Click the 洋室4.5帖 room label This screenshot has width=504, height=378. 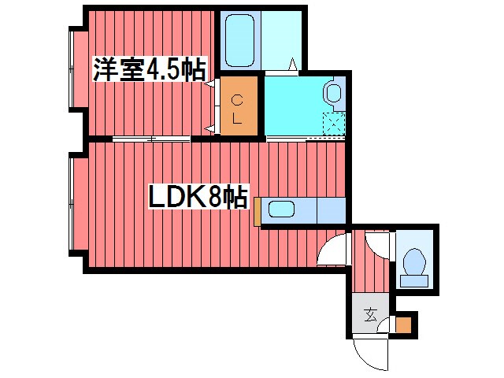tap(150, 69)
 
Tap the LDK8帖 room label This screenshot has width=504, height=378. tap(198, 196)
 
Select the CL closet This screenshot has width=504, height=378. tap(239, 106)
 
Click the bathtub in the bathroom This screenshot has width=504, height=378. tap(239, 40)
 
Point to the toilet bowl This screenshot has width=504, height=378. tap(414, 261)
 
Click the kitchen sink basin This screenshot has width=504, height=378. tap(281, 209)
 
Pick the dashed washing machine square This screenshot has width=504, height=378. tap(334, 124)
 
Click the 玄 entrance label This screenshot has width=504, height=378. tap(371, 314)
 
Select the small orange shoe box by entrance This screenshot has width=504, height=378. tap(403, 325)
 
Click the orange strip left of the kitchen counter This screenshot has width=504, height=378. tap(258, 212)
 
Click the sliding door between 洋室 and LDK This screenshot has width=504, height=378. tap(151, 139)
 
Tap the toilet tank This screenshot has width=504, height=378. tap(414, 281)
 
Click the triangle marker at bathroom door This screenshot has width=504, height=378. tap(293, 64)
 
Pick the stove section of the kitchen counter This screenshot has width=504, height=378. tap(332, 210)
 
